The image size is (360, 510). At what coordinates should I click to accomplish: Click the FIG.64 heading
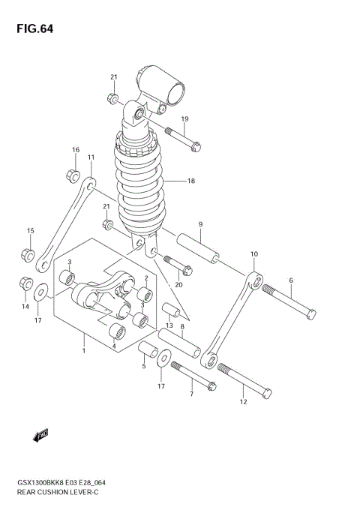(x=31, y=29)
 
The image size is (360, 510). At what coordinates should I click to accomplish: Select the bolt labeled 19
(x=179, y=139)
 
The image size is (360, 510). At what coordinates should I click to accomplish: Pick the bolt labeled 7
(x=193, y=376)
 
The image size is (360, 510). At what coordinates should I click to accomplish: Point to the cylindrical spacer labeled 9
(x=199, y=251)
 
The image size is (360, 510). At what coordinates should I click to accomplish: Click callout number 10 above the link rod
(x=254, y=254)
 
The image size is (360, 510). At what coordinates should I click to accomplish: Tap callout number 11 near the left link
(x=90, y=157)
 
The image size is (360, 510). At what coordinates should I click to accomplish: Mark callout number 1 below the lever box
(x=83, y=349)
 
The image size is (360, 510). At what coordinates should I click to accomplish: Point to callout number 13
(x=169, y=325)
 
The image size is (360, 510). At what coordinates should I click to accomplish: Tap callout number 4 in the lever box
(x=113, y=345)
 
